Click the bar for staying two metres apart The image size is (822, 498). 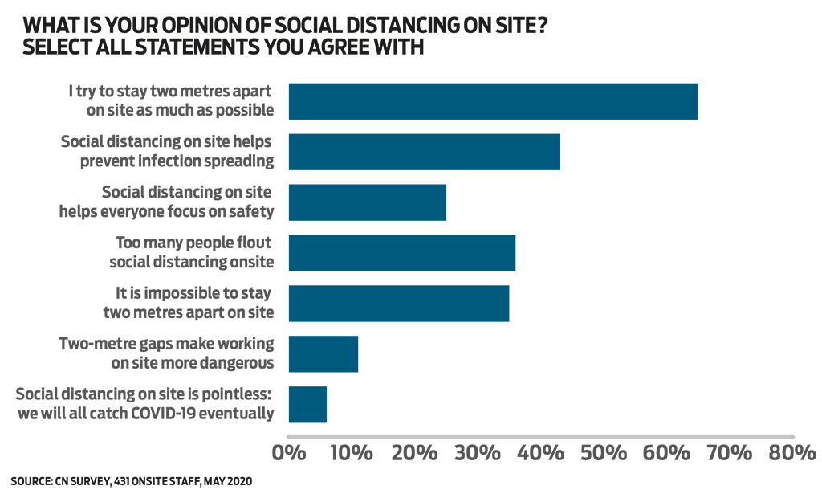click(x=493, y=101)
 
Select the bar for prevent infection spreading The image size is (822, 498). click(x=424, y=151)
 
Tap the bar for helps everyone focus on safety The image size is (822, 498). click(x=367, y=202)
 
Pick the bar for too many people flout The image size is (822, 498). click(x=401, y=252)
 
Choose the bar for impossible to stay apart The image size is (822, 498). click(x=398, y=303)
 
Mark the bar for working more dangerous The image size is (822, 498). click(x=323, y=353)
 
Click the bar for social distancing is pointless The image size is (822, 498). click(x=307, y=404)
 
